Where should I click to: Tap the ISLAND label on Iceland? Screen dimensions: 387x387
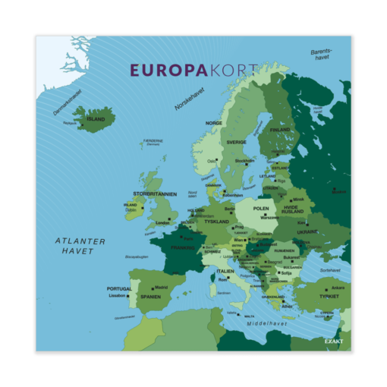coord(96,119)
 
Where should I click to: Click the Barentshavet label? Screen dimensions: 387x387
coord(321,55)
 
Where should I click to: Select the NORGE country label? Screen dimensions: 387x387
coord(214,123)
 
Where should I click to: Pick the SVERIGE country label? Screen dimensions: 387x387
coord(236,142)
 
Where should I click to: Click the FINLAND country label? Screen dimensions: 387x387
coord(280,130)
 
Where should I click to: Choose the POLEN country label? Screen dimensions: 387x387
coord(261,208)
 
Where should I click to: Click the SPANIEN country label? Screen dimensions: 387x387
coord(150,297)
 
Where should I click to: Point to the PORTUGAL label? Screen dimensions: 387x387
coord(119,288)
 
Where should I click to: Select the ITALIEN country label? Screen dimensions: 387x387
coord(225,271)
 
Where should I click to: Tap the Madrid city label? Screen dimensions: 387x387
coord(161,288)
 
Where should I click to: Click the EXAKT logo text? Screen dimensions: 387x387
coord(334,341)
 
